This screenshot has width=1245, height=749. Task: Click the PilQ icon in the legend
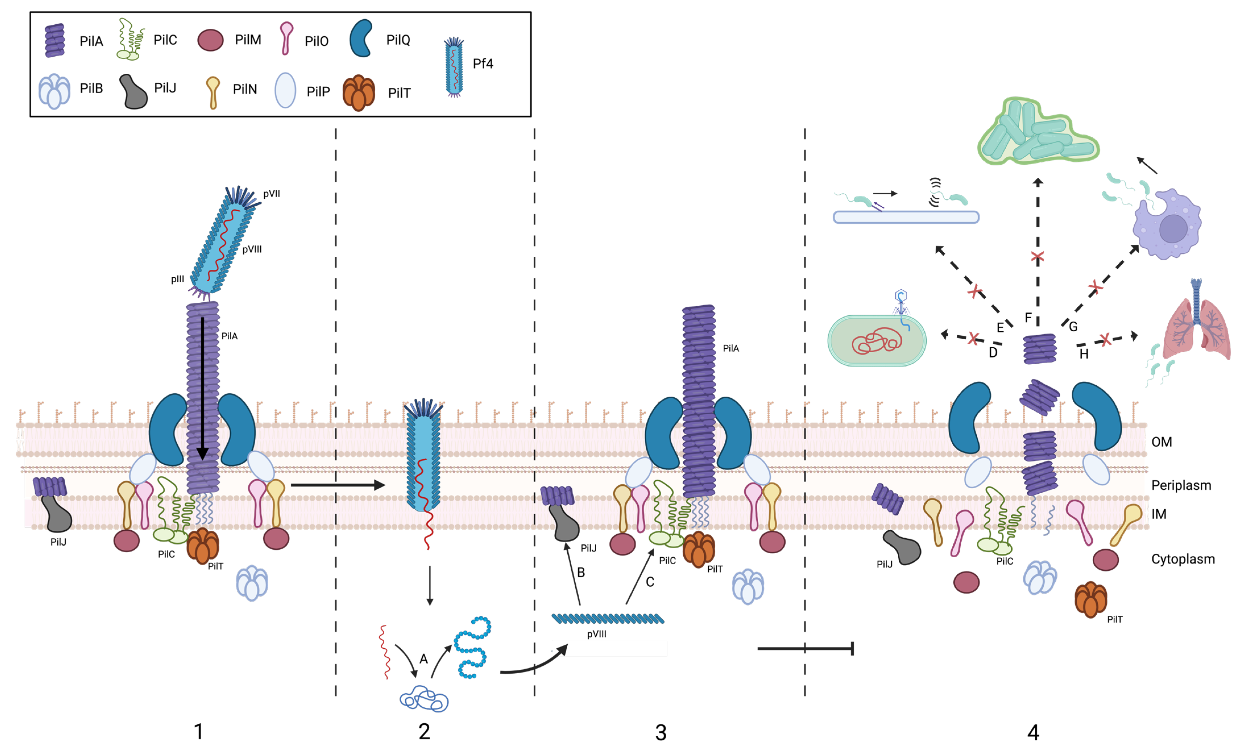361,38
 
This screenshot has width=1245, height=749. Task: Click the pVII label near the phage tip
271,194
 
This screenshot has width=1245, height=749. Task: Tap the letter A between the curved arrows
424,659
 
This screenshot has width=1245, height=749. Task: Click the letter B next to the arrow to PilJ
581,572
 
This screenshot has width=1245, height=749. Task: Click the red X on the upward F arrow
1037,257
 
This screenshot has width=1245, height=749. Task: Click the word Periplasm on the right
1181,485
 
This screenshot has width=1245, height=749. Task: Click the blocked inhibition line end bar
852,649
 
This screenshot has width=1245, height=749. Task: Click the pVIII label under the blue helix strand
596,634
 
